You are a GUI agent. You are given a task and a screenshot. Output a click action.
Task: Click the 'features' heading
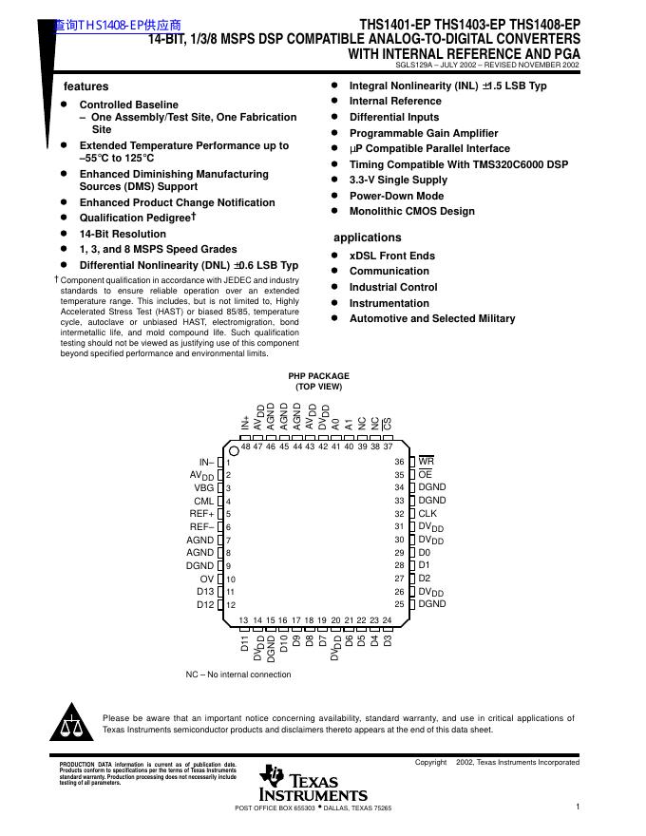(x=85, y=86)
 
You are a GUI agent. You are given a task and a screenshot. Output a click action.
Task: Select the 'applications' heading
(x=367, y=237)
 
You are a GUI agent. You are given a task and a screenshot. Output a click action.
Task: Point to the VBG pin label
(x=203, y=487)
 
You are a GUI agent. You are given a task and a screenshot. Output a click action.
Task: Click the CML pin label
(x=203, y=501)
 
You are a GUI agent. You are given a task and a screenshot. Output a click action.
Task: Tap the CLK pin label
(x=428, y=513)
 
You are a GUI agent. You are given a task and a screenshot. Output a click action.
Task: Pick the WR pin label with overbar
(x=427, y=462)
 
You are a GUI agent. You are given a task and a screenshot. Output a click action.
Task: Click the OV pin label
(x=206, y=579)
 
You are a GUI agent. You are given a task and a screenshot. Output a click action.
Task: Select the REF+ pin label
(x=201, y=513)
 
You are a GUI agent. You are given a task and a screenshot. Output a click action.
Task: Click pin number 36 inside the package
(x=400, y=462)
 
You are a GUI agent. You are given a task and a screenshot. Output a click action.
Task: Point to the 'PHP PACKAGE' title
(x=318, y=376)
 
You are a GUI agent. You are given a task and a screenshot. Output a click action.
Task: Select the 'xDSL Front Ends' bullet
(x=392, y=256)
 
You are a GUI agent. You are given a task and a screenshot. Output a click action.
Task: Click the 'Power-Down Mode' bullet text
(x=396, y=196)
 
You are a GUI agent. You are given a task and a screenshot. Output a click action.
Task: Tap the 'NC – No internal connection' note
(x=238, y=674)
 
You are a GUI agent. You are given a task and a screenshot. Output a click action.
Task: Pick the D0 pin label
(x=425, y=552)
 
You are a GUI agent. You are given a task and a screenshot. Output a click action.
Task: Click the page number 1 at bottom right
(x=578, y=807)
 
